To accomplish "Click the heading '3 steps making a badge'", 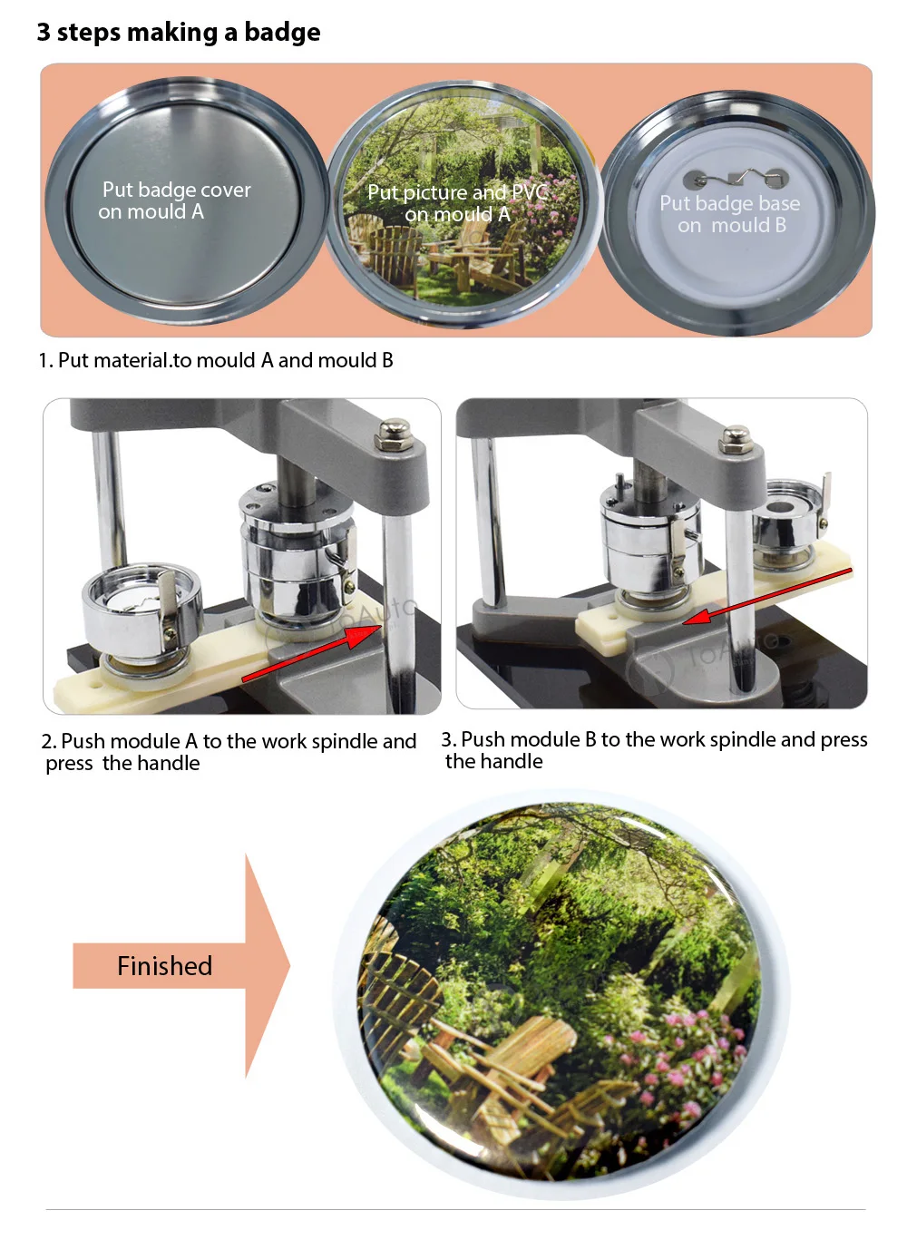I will tap(179, 33).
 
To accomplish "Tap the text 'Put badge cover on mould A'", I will tap(175, 200).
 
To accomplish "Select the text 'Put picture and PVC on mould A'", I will tap(457, 203).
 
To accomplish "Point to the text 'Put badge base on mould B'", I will tap(730, 214).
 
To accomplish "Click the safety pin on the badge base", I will tap(736, 179).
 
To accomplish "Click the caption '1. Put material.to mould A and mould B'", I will tap(216, 360).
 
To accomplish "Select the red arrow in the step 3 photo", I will tap(767, 595).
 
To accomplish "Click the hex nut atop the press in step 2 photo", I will tap(395, 434).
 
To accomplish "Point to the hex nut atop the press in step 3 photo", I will tap(734, 438).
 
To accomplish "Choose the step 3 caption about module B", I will tap(653, 750).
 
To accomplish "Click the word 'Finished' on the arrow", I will tap(164, 966).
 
